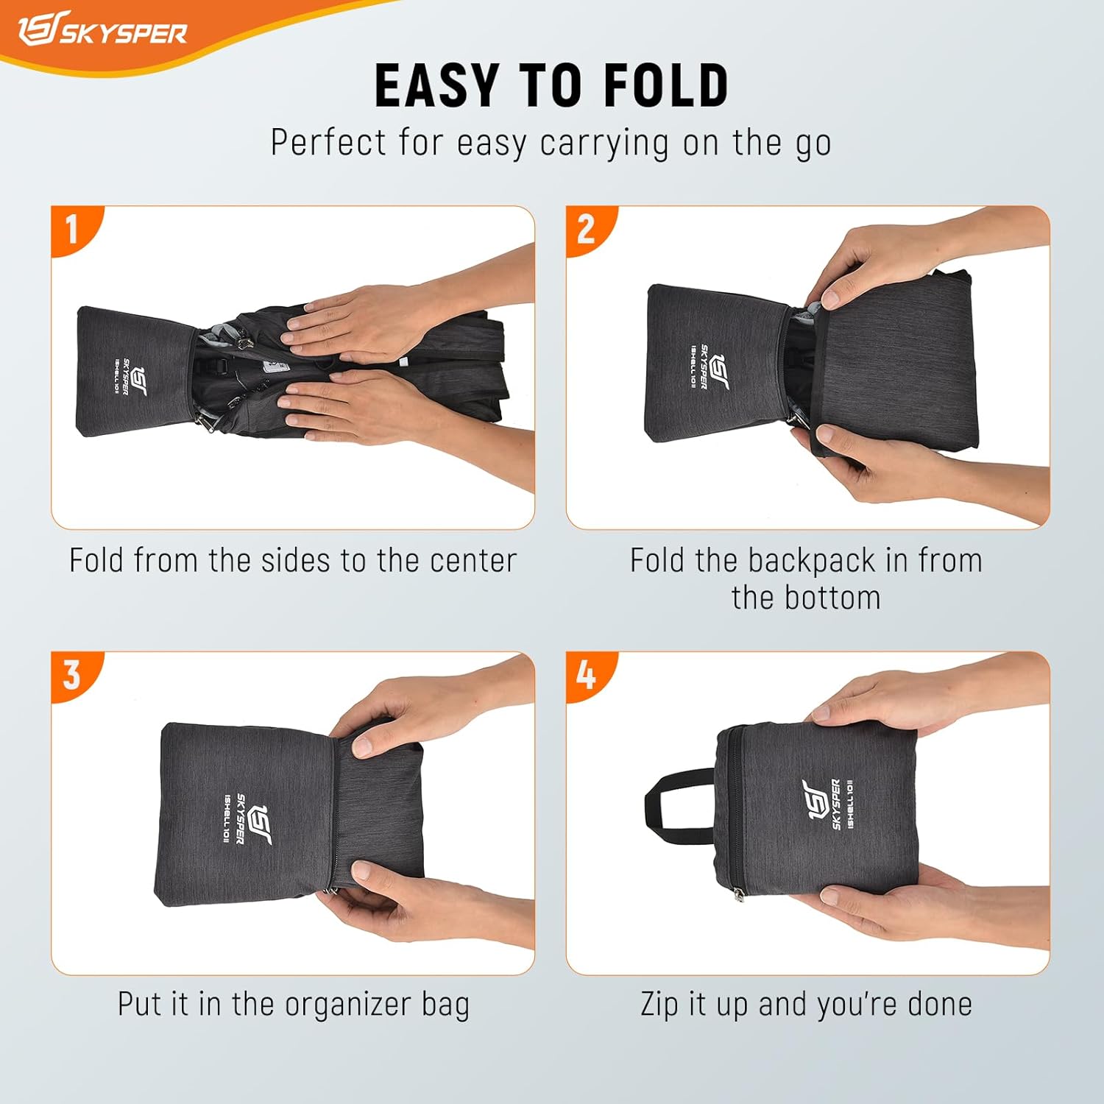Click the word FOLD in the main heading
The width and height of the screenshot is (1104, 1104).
[x=666, y=85]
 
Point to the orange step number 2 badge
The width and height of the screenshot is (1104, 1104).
[x=587, y=229]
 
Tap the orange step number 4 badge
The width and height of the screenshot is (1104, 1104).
[x=587, y=674]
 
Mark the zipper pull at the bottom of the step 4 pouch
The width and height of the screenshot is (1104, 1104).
[x=738, y=894]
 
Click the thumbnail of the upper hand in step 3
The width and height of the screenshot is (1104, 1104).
[x=363, y=746]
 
